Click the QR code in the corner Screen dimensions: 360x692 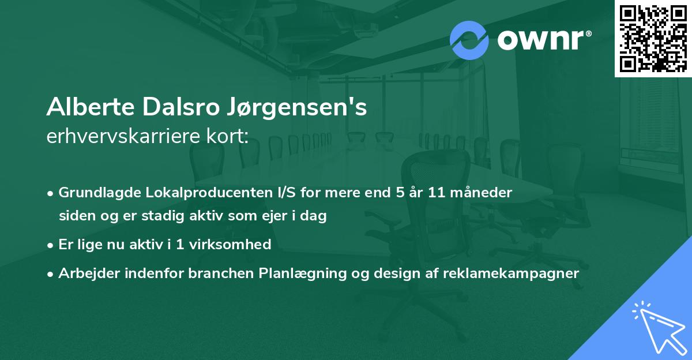(x=653, y=38)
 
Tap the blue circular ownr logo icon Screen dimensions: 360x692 (x=469, y=40)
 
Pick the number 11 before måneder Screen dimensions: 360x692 (x=437, y=193)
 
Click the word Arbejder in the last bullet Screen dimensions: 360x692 (x=84, y=273)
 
